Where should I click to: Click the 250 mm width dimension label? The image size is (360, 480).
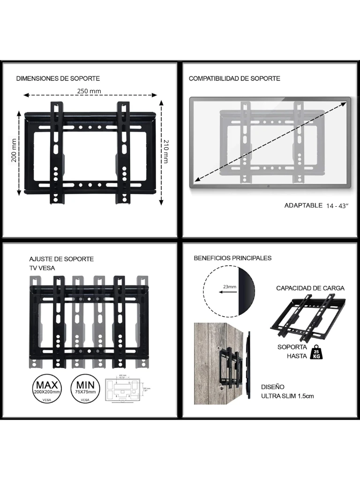[x=89, y=91]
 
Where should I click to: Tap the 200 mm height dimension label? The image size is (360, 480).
[x=14, y=150]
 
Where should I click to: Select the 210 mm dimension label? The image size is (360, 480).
[x=165, y=151]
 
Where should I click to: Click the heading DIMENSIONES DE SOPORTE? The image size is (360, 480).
[x=58, y=78]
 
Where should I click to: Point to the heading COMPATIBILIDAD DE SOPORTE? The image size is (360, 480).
[x=234, y=78]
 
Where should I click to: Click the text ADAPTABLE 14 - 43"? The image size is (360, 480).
[x=316, y=205]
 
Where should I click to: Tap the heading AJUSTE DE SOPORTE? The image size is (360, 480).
[x=61, y=259]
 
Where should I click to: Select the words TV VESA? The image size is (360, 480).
[x=42, y=268]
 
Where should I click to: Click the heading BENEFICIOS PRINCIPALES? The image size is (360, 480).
[x=232, y=258]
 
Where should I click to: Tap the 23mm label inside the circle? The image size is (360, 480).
[x=230, y=286]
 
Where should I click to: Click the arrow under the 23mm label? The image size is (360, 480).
[x=227, y=292]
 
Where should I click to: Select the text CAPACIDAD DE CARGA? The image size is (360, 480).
[x=310, y=288]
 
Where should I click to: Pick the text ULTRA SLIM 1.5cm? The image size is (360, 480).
[x=287, y=396]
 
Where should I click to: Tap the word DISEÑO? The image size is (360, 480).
[x=273, y=387]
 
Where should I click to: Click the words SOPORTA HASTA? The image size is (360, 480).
[x=292, y=352]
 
